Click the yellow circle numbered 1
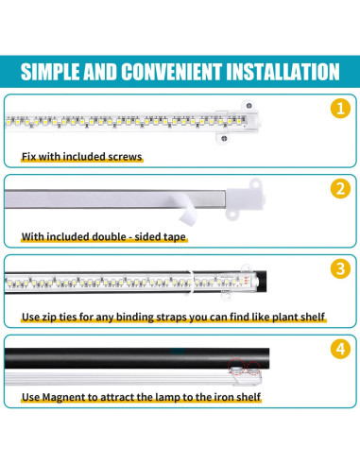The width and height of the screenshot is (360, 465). pos(340,109)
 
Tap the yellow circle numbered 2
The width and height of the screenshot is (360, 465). pos(340,189)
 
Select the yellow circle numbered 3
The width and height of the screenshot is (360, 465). pos(340,268)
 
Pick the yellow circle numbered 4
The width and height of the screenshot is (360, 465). pos(340,349)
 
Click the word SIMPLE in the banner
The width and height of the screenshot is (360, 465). pos(50,72)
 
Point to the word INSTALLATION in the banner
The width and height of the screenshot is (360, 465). pos(283,72)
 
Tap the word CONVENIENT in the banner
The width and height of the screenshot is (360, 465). pos(171,72)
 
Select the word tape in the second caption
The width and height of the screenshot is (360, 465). pos(176,237)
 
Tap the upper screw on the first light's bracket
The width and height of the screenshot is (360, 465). pos(249,106)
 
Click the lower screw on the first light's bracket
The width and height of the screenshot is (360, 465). pos(224,138)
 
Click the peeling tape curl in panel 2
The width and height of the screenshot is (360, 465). pos(187,210)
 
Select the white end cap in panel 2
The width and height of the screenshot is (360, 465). pos(245,199)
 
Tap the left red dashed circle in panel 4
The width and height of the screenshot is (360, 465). pos(236,367)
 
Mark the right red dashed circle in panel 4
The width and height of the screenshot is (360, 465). pos(253,369)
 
